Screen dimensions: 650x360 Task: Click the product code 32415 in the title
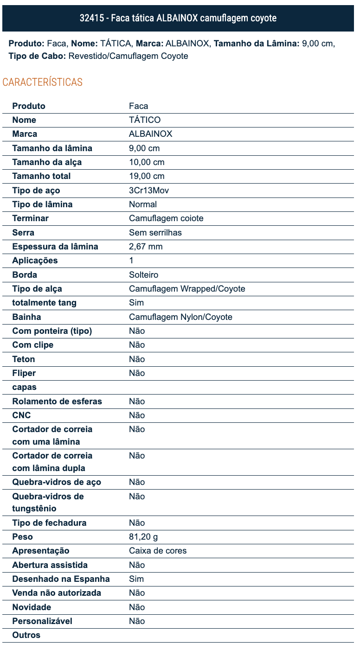pos(91,18)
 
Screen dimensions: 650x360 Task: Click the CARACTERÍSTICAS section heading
pos(43,83)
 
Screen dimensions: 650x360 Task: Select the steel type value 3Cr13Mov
pos(149,191)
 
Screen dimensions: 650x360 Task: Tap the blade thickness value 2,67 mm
pos(146,247)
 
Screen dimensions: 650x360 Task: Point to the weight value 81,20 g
pos(143,537)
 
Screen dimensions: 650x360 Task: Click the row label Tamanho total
pos(41,176)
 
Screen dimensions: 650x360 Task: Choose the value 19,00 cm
pos(147,176)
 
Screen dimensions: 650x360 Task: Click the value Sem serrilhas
pos(155,232)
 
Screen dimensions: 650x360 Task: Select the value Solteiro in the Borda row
pos(144,275)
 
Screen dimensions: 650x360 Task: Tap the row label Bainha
pos(26,317)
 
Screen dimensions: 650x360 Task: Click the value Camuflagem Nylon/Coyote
pos(180,317)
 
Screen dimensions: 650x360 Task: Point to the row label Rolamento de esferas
pos(57,401)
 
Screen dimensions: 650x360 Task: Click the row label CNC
pos(22,415)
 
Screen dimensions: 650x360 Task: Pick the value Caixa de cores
pos(158,551)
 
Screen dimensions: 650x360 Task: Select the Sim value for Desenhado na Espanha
pos(136,579)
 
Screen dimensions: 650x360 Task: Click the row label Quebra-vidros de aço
pos(57,482)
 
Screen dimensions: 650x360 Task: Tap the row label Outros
pos(26,635)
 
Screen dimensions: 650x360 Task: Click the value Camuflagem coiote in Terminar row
pos(166,218)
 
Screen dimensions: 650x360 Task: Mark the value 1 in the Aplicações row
pos(131,261)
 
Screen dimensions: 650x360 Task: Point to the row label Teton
pos(24,359)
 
